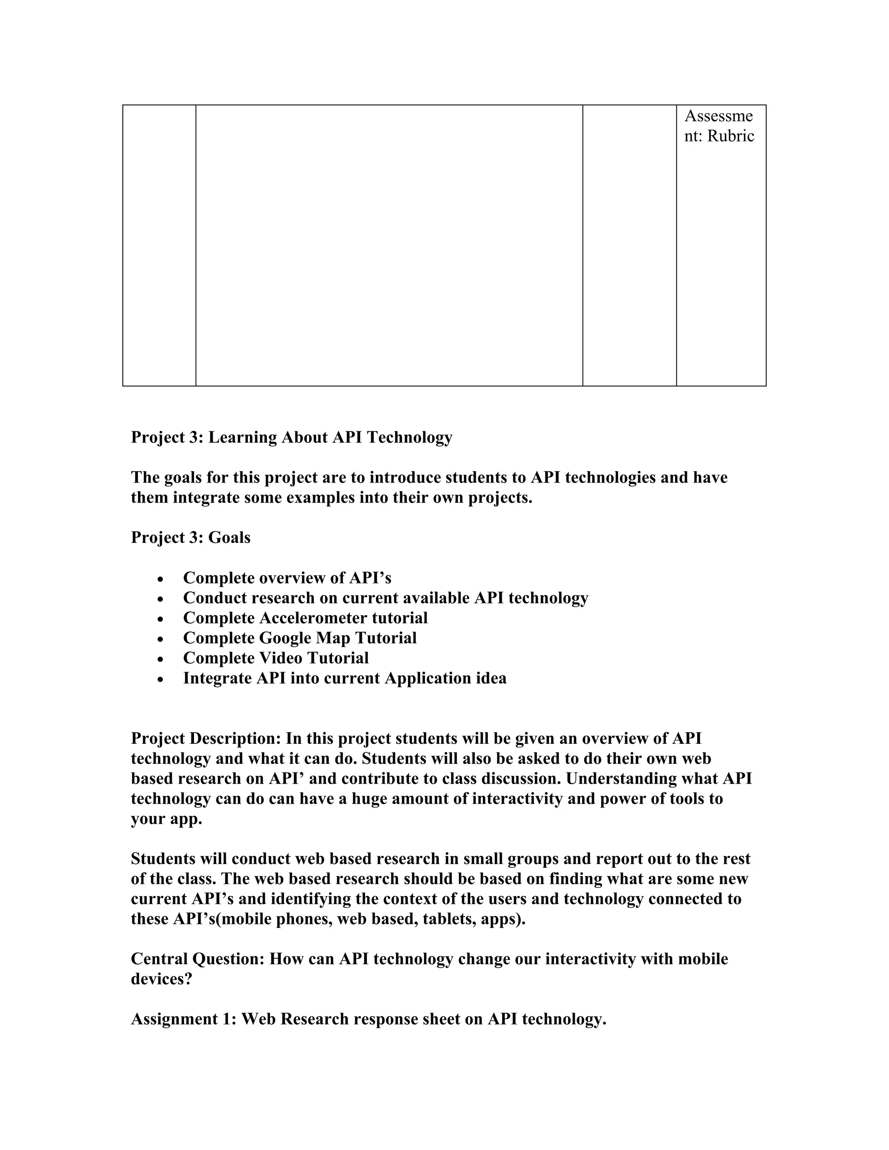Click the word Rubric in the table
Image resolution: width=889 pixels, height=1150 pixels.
[x=731, y=136]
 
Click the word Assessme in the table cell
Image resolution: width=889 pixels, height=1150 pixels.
[x=718, y=116]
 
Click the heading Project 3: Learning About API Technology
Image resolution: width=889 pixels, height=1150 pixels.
[x=291, y=437]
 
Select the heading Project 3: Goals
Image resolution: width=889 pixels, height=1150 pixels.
[x=191, y=538]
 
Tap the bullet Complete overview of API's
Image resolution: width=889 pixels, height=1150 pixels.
[x=287, y=578]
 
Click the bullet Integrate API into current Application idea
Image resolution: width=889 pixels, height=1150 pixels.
[x=344, y=678]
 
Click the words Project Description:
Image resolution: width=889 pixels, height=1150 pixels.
[x=206, y=739]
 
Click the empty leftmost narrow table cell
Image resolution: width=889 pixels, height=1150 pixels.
[x=159, y=245]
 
